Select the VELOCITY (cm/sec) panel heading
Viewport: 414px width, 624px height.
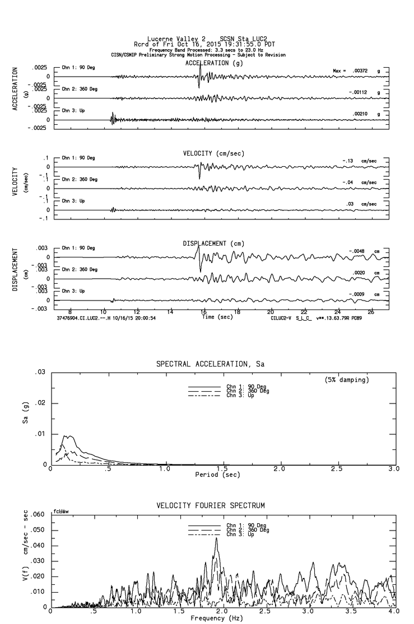click(x=213, y=153)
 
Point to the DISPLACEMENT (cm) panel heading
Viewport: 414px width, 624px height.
click(x=213, y=243)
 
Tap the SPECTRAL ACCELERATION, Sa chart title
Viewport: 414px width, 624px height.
click(x=210, y=364)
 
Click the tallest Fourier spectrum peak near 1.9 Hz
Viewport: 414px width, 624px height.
click(x=216, y=538)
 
